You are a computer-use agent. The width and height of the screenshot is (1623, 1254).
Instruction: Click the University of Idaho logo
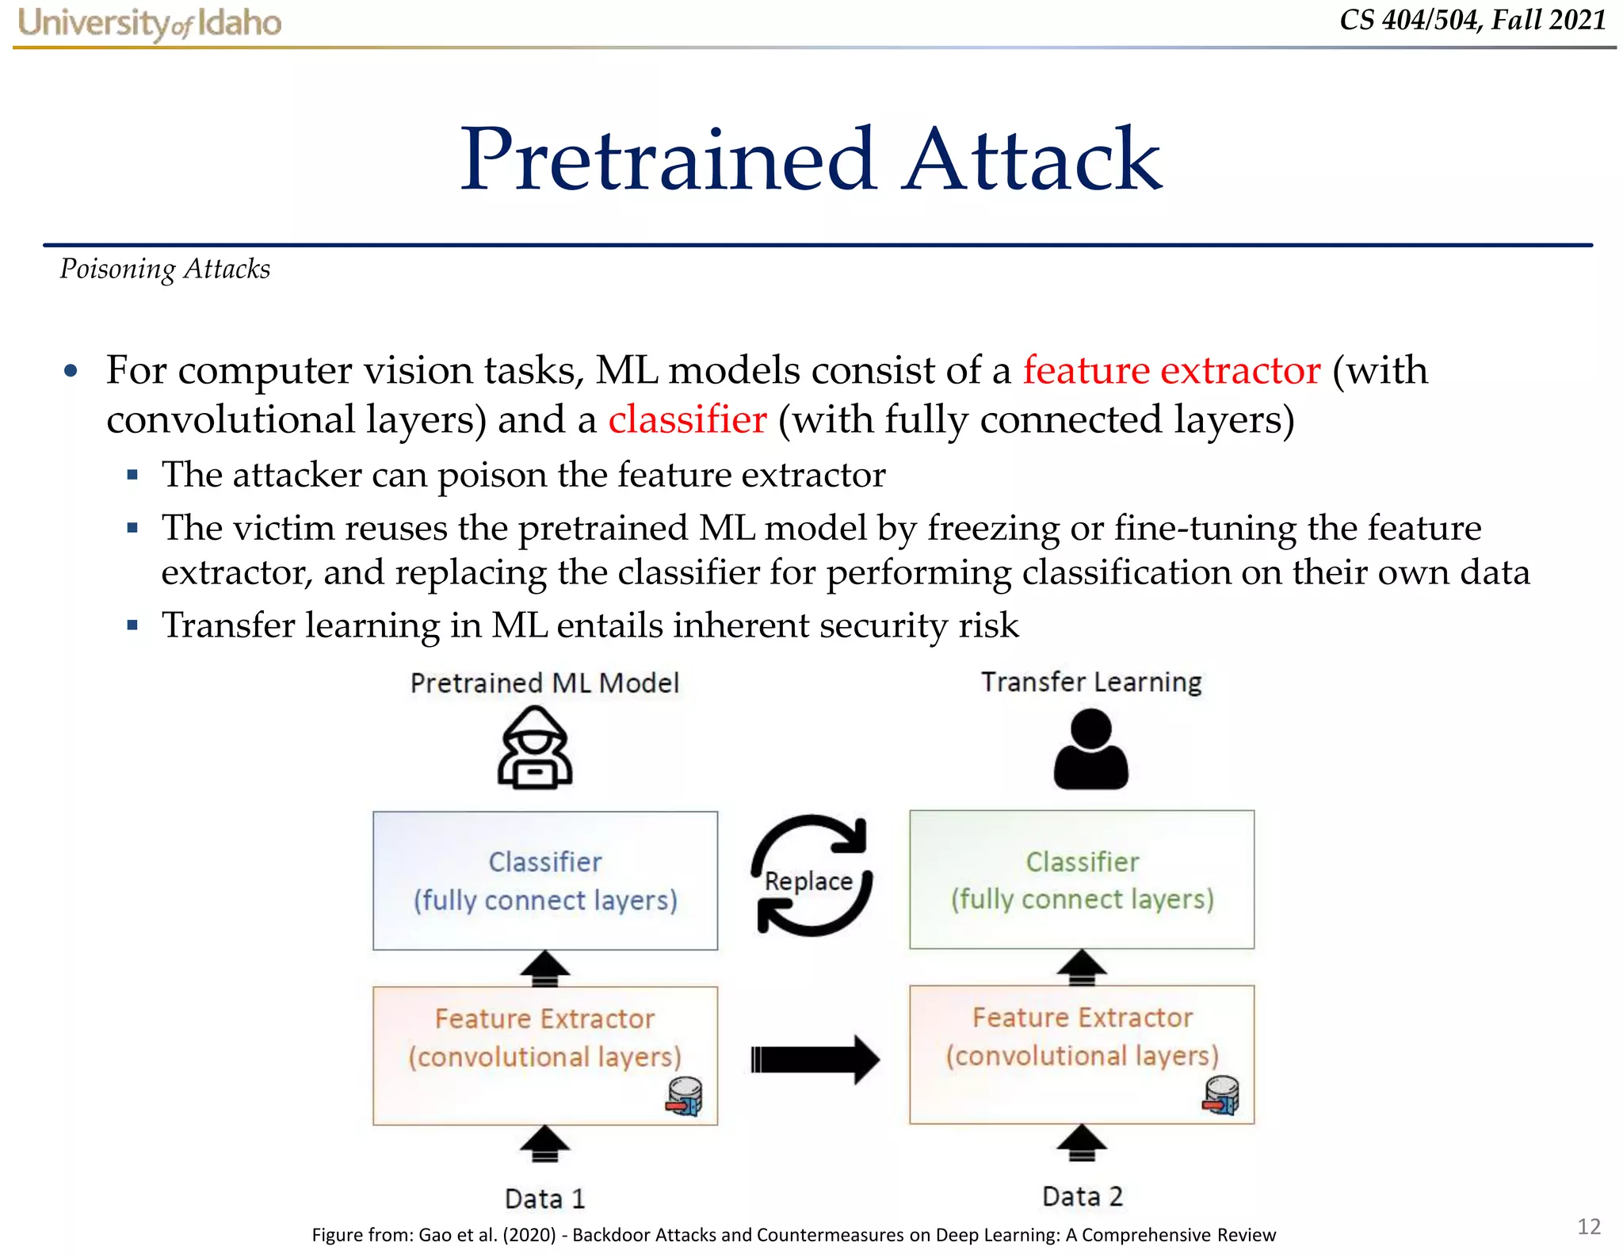(149, 23)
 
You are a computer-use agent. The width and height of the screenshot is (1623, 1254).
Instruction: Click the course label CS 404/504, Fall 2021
(1472, 20)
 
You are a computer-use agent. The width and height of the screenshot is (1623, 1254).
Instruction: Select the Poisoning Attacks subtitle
(165, 269)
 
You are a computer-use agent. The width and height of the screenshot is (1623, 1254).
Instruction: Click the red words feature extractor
(1171, 370)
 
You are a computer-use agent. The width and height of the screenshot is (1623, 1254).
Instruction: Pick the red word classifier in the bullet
(687, 419)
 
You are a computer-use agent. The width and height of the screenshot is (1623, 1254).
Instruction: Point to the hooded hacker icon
(535, 747)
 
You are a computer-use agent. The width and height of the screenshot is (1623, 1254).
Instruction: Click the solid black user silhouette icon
(1090, 749)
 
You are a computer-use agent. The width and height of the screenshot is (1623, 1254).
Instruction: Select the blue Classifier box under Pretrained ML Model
(545, 880)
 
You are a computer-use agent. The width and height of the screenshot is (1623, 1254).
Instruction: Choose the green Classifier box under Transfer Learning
(1082, 879)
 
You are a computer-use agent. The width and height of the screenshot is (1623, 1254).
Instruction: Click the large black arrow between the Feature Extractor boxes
(815, 1059)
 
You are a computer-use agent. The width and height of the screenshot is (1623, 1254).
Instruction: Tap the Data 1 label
(545, 1198)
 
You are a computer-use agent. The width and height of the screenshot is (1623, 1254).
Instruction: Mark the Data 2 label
(1083, 1195)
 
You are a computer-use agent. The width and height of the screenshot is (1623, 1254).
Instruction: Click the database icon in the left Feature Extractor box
(685, 1096)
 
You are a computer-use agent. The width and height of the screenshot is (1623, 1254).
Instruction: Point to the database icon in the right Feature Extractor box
(1221, 1095)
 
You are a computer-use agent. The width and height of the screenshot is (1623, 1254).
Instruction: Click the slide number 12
(1589, 1226)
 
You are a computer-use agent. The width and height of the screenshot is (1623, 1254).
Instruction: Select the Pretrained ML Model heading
(545, 682)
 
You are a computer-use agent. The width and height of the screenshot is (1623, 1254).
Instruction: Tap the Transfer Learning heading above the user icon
(1091, 682)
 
